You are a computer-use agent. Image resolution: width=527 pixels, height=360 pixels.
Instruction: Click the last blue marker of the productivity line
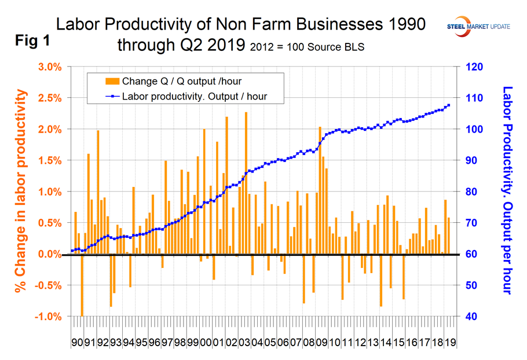[x=449, y=105]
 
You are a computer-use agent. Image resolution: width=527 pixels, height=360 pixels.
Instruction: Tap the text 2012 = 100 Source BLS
[x=307, y=47]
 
